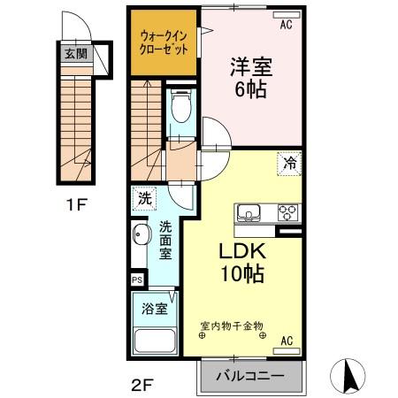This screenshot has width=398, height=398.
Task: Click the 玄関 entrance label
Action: point(74,53)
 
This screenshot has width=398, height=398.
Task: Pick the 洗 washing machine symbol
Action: point(143,200)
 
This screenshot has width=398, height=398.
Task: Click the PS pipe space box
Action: point(137,280)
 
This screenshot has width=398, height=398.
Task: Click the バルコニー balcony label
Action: point(251,375)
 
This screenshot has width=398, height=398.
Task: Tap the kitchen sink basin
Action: point(248,213)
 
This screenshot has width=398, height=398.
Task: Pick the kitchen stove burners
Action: point(287,213)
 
